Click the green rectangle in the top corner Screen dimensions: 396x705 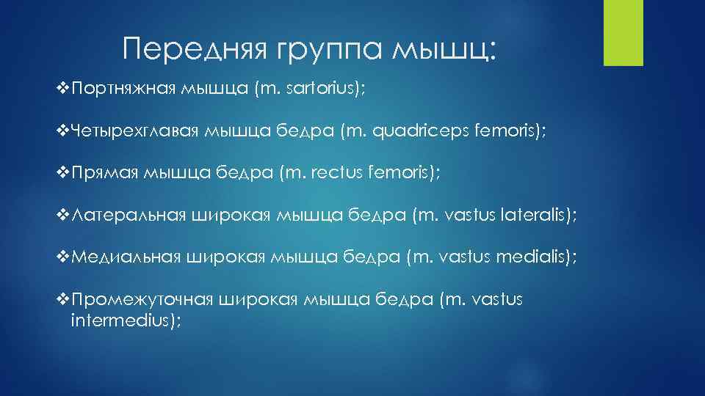pos(623,32)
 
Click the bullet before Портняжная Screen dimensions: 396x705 pos(62,89)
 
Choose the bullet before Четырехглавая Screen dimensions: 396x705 pos(62,131)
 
